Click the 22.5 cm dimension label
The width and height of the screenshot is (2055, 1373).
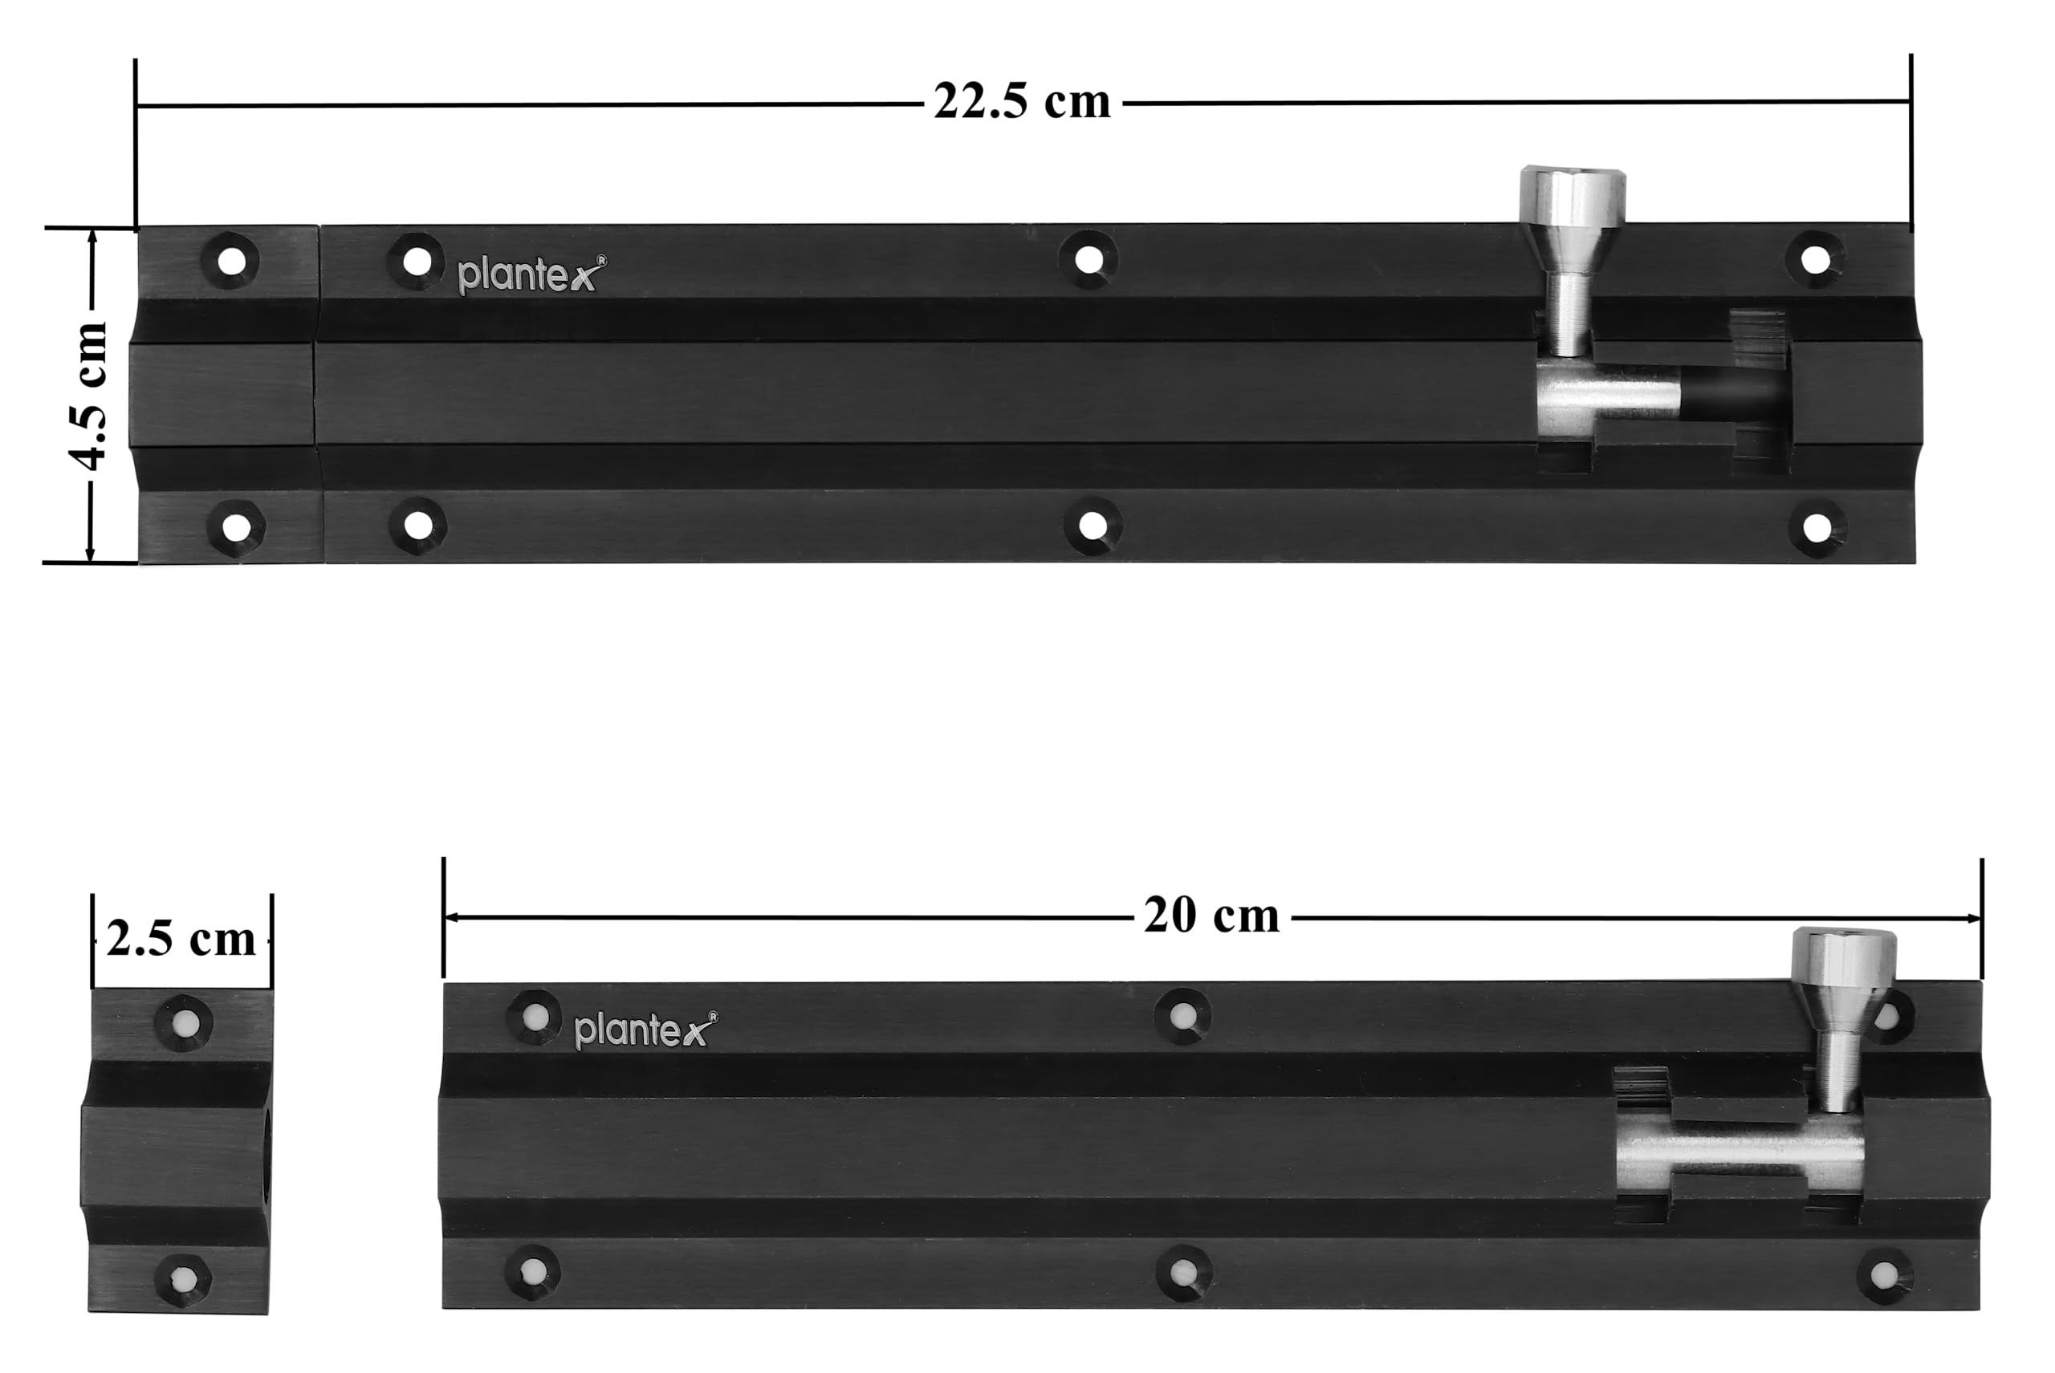tap(1021, 102)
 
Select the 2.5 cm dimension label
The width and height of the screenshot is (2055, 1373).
tap(181, 940)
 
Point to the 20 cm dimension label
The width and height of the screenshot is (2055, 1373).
tap(1211, 916)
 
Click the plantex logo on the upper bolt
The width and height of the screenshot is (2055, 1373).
tap(531, 274)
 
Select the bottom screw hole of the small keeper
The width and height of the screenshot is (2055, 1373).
tap(183, 1280)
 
